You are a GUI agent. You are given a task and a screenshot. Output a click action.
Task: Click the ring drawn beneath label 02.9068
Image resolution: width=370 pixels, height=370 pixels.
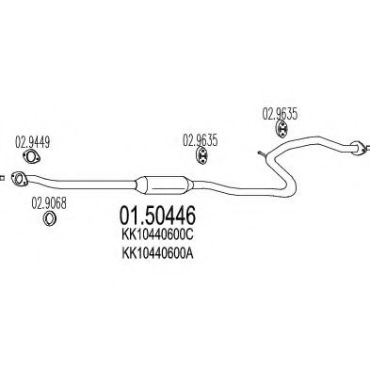coord(48,219)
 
